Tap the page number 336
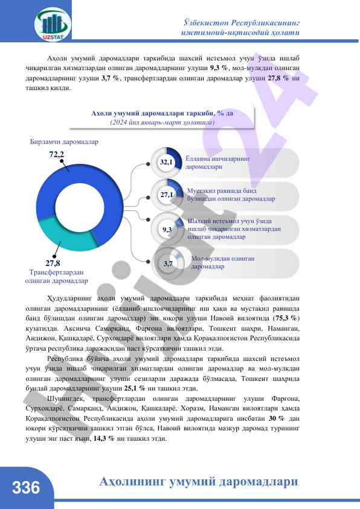25,487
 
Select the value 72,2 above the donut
56,155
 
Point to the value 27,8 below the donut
53,263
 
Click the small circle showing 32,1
166,163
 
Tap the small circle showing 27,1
166,195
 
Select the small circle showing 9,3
167,230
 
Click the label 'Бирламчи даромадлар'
64,142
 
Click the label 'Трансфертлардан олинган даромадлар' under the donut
56,276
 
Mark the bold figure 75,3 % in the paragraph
286,317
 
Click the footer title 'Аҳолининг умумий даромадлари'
199,482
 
